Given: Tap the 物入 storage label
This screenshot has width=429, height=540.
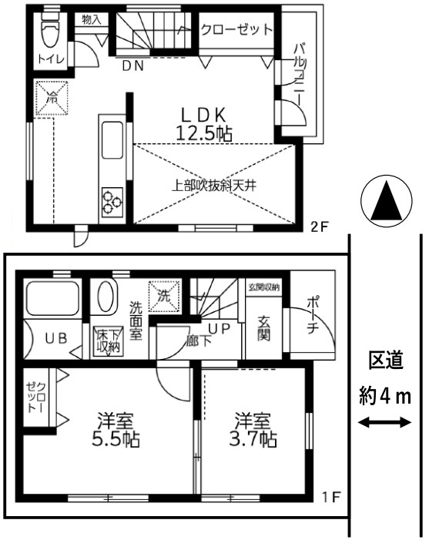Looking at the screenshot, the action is tap(92, 19).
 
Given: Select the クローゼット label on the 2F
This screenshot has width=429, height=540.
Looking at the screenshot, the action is tap(236, 29).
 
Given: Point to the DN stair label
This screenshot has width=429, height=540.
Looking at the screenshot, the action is tap(133, 65).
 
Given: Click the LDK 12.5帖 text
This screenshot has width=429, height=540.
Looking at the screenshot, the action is tap(204, 124).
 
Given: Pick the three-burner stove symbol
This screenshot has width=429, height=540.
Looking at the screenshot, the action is tap(112, 202).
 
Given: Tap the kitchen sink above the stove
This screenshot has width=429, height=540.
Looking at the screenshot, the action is tap(112, 140).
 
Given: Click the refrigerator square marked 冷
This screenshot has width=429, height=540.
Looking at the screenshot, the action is tap(52, 98).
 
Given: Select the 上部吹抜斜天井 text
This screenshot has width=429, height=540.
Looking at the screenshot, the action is tap(214, 186).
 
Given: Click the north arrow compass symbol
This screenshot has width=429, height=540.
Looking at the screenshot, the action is tap(387, 201).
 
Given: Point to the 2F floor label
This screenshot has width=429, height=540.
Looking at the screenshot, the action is tap(320, 227).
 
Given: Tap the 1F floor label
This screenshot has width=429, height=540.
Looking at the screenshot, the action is tap(331, 497).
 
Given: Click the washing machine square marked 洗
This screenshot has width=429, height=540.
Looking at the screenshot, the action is tap(164, 297).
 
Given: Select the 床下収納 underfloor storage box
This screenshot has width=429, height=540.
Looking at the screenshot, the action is tap(108, 341).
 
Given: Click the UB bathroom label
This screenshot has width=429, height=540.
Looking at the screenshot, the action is tap(56, 338).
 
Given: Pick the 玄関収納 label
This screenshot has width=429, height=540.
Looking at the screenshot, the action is tap(263, 287).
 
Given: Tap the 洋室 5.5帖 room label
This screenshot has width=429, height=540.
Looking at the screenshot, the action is tap(116, 429).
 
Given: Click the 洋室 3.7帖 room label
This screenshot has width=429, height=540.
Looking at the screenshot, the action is tap(253, 429).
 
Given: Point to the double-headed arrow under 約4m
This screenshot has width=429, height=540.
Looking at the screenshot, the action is tap(385, 422).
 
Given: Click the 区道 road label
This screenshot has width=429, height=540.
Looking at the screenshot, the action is tap(386, 361).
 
